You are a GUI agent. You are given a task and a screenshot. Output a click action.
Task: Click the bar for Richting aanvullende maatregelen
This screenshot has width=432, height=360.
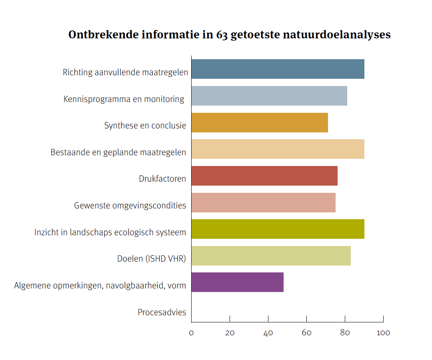coord(278,69)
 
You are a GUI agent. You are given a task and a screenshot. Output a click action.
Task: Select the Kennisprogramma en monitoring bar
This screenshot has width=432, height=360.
coord(269,96)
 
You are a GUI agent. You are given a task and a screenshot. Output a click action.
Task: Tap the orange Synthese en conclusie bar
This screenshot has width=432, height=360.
coord(259,122)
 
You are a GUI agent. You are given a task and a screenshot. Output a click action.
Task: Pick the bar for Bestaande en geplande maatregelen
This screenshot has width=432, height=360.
coord(278,149)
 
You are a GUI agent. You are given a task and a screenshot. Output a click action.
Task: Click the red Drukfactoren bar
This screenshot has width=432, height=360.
coord(264,176)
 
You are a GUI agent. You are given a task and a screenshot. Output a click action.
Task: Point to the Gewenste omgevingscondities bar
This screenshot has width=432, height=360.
coord(263,202)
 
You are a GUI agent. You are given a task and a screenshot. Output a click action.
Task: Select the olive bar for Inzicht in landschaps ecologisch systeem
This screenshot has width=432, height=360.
coord(278,229)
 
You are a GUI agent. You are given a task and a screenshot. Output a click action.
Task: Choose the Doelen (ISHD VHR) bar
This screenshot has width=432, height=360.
coord(271,256)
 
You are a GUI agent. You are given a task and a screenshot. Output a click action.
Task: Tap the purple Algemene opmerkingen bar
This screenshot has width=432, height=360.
coord(237,282)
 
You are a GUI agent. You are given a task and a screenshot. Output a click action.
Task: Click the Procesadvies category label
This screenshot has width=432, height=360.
coord(162,312)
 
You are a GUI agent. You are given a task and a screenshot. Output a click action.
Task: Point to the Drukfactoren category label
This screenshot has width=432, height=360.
coord(162,178)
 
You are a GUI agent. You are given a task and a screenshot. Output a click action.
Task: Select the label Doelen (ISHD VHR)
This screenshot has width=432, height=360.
coord(152,259)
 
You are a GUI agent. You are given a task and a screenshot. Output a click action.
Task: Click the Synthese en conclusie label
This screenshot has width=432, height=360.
coord(145,125)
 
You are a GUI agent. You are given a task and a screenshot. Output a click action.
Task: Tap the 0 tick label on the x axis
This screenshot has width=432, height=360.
coord(191,333)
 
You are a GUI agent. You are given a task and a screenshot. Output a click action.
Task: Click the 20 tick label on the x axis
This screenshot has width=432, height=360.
coord(230,333)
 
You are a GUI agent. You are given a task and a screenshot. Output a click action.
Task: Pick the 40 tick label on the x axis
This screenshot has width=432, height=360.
coord(268,333)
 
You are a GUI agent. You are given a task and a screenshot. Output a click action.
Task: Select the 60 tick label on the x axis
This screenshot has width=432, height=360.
coord(306,333)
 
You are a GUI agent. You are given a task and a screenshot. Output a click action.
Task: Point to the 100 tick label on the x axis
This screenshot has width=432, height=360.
coord(383,333)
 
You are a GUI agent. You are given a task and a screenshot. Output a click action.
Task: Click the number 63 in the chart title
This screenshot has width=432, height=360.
coord(222,35)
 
